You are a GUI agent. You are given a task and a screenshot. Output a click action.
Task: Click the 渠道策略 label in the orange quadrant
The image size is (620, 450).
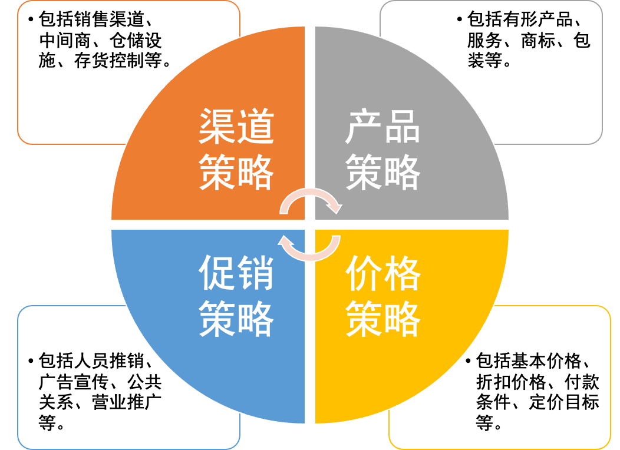pos(236,150)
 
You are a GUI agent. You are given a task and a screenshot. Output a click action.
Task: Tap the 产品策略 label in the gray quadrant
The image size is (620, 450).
pos(383,150)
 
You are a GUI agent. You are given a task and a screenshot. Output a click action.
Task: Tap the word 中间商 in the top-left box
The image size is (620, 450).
pos(58,41)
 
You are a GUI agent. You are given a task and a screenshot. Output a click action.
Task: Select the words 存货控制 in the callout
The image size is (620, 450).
pos(118,61)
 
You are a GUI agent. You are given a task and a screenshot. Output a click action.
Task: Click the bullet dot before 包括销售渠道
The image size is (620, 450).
pos(30,21)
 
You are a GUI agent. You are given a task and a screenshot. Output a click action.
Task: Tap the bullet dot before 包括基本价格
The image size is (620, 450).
pos(469,361)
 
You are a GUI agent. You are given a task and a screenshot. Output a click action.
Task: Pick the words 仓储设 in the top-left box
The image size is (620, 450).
pos(136,41)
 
